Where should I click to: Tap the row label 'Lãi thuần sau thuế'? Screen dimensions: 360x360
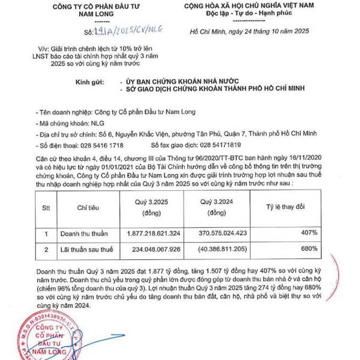click(x=84, y=248)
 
